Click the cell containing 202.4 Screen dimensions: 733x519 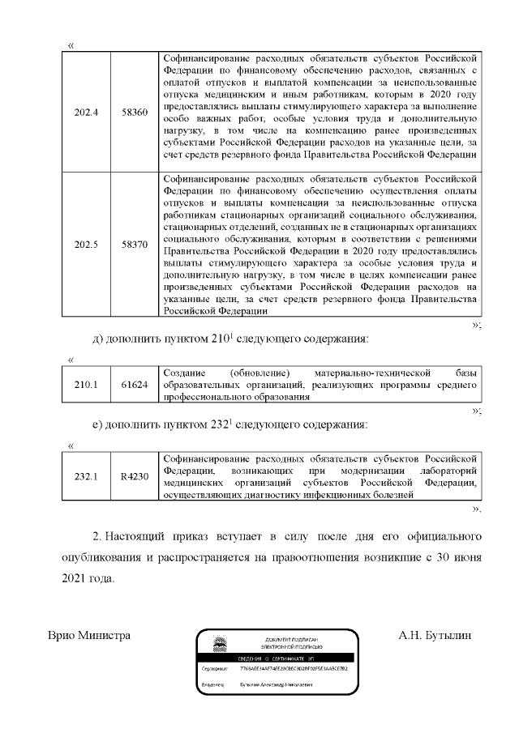(86, 111)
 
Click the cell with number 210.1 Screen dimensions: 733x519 (86, 385)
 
